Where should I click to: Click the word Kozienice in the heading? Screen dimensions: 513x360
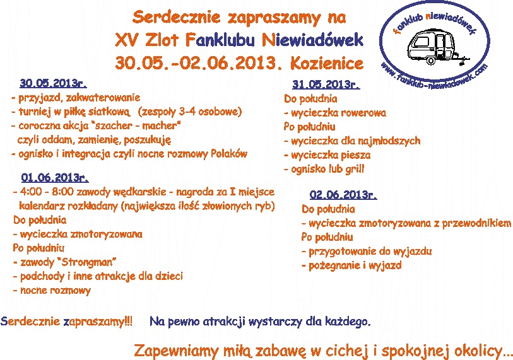(327, 63)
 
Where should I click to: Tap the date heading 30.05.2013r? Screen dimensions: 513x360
(53, 83)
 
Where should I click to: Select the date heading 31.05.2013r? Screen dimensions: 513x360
(326, 84)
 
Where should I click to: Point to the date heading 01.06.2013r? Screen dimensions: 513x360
(55, 178)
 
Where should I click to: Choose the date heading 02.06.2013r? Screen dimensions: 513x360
(343, 195)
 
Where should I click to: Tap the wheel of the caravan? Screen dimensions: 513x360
(431, 60)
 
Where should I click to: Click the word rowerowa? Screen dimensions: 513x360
(362, 113)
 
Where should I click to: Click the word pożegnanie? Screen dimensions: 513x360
(333, 265)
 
